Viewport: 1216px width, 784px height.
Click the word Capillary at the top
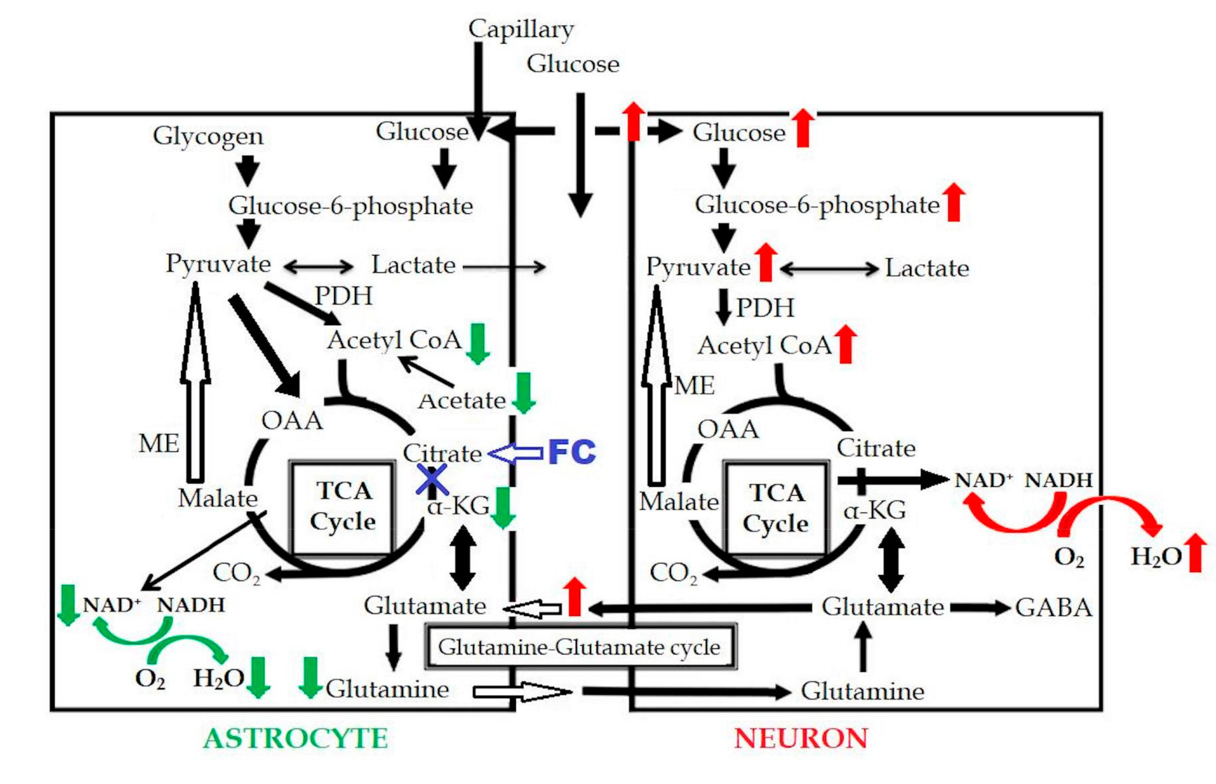coord(521,30)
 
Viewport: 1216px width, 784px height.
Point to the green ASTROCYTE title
coord(295,739)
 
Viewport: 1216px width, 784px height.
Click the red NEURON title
coord(800,739)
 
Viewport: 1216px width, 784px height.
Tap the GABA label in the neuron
coord(1053,608)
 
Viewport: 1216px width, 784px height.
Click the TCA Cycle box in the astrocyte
coord(342,506)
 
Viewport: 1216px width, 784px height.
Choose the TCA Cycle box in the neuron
coord(776,508)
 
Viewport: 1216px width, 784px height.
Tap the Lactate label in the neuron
coord(927,268)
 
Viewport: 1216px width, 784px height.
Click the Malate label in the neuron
coord(679,502)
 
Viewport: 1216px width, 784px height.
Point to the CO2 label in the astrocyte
coord(236,573)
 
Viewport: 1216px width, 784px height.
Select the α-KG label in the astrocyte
coord(458,506)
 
